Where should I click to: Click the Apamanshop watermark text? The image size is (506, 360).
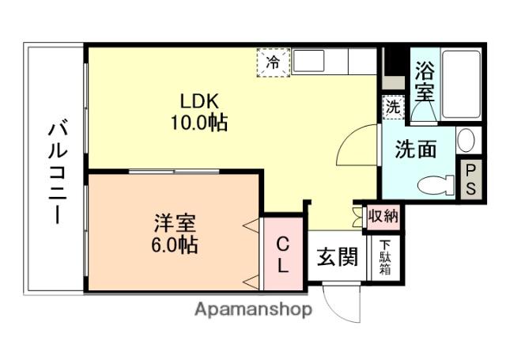point(253,310)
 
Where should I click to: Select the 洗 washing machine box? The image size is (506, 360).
point(393,107)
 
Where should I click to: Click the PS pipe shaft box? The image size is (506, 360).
point(471,179)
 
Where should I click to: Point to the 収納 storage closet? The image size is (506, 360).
point(383,216)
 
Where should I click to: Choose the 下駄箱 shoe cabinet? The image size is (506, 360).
point(385,258)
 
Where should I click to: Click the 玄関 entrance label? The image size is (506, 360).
point(338,257)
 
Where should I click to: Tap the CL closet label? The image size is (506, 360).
point(283,255)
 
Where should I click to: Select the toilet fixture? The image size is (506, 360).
point(436,185)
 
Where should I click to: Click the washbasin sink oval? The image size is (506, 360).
point(466,141)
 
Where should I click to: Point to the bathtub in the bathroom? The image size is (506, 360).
point(461,85)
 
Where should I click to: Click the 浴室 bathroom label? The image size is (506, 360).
point(425,81)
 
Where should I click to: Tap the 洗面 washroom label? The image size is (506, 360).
point(416,149)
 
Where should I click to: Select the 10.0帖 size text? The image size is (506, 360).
point(199,123)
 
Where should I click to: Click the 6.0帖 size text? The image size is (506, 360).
point(175,244)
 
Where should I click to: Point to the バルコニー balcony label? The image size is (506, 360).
point(58,172)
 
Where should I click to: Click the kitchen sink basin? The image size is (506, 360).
point(309,61)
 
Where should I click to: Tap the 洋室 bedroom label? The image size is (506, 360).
point(175,223)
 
